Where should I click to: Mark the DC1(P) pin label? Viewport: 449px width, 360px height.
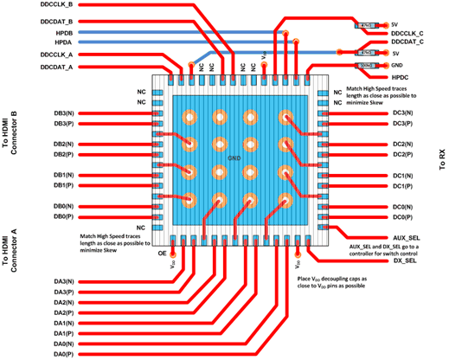(402, 186)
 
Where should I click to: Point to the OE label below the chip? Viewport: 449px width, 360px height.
(161, 254)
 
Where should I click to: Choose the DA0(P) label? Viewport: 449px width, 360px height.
(63, 354)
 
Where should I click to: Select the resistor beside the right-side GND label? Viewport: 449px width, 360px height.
(365, 65)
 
